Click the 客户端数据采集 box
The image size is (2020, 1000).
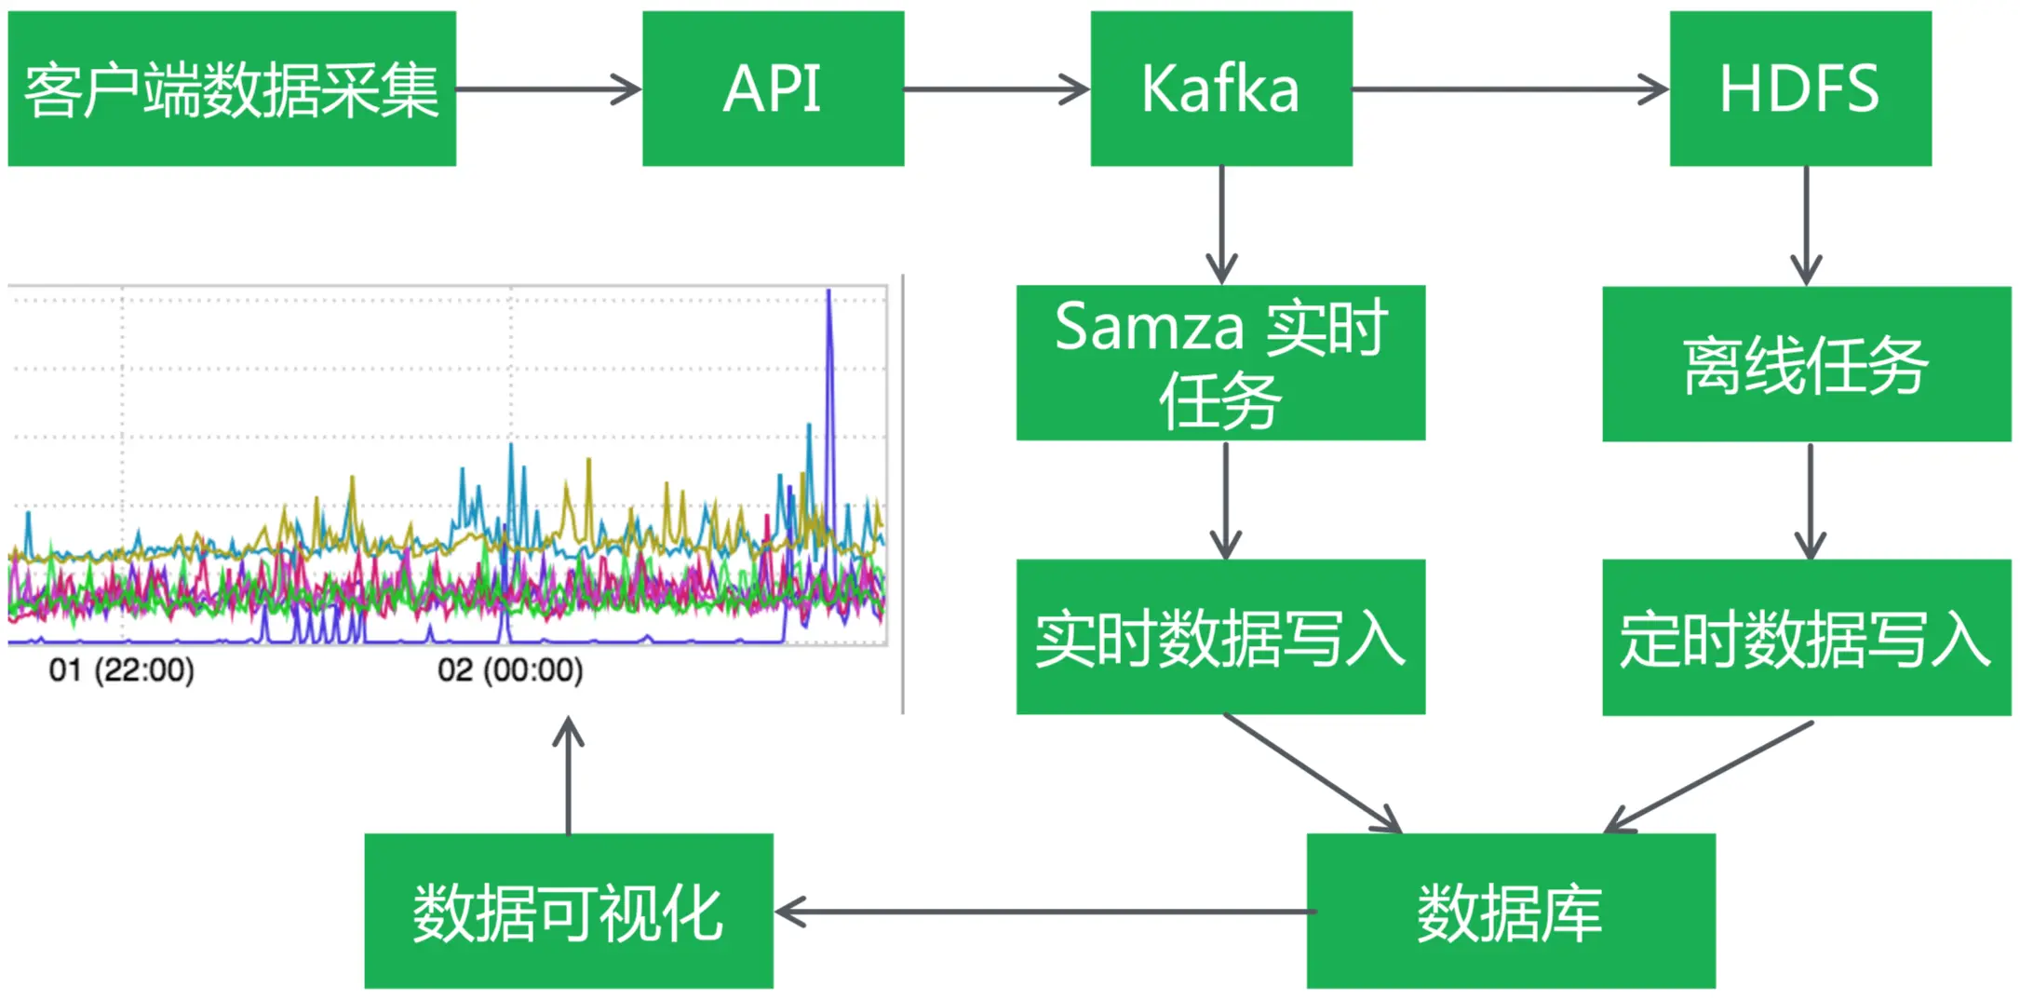click(232, 88)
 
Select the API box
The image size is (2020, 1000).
click(773, 88)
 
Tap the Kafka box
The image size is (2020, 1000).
click(1221, 88)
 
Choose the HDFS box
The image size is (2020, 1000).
click(1800, 88)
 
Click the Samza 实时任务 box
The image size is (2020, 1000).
click(1220, 362)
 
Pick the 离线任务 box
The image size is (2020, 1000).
click(1806, 364)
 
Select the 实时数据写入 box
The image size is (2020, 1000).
click(1220, 637)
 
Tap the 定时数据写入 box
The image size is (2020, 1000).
click(1806, 638)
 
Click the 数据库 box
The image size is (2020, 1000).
click(1511, 911)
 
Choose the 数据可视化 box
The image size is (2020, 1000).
click(569, 911)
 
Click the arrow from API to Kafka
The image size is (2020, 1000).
click(996, 89)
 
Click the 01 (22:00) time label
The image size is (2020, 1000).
click(122, 669)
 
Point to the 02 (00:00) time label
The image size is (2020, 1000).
click(510, 669)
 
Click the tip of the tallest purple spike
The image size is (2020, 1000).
click(828, 291)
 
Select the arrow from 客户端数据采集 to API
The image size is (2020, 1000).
click(548, 89)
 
